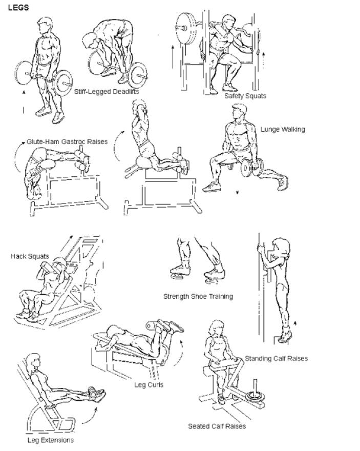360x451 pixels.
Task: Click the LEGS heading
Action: tap(18, 8)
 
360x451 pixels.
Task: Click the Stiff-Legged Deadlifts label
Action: tap(107, 92)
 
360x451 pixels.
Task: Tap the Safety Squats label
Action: tap(245, 96)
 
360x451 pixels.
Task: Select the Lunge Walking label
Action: tap(283, 130)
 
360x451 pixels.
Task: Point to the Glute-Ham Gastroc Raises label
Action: tap(67, 141)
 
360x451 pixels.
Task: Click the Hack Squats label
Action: tap(30, 256)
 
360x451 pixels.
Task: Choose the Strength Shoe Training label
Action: tap(198, 297)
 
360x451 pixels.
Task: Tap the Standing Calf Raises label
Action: tap(277, 358)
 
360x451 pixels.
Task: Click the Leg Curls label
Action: tap(149, 385)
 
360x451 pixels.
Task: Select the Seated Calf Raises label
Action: tap(217, 426)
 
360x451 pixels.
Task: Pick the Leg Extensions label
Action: tap(51, 440)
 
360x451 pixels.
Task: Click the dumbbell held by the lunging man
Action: tap(252, 168)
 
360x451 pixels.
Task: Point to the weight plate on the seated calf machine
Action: tap(255, 396)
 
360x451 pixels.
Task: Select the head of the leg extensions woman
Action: tap(33, 362)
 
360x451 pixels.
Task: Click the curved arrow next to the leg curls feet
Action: tap(180, 353)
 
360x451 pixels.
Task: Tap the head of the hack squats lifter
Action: tap(60, 263)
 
